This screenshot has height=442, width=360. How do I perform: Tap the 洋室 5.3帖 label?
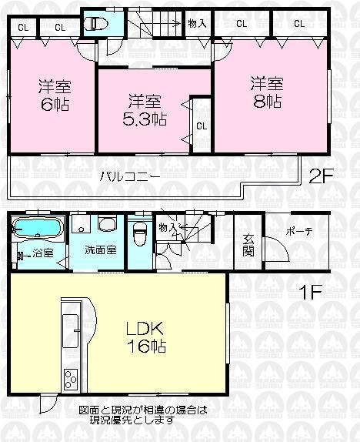click(x=143, y=109)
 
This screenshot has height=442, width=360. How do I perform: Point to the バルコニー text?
click(x=128, y=176)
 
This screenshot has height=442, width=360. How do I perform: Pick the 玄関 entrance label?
click(x=249, y=244)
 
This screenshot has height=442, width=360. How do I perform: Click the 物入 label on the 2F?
click(x=198, y=24)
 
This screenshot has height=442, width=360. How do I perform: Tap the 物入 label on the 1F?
click(x=166, y=227)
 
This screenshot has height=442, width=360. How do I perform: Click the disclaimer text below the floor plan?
click(x=142, y=415)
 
